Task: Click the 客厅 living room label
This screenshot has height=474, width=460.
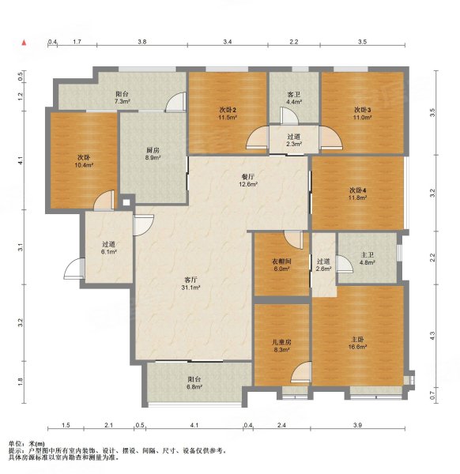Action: tap(190, 280)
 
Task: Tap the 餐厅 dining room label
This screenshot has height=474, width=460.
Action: tap(247, 176)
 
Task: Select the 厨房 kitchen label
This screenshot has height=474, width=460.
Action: tap(153, 150)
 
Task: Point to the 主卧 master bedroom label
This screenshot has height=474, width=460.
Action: tap(358, 340)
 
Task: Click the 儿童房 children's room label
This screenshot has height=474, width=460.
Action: tap(281, 342)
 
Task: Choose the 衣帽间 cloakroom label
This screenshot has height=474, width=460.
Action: tap(281, 261)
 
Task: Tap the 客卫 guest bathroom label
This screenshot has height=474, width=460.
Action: tap(294, 95)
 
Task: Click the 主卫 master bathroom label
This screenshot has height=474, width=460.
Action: tap(368, 255)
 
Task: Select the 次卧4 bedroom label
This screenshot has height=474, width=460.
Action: tap(358, 190)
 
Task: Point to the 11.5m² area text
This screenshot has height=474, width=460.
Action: tap(228, 117)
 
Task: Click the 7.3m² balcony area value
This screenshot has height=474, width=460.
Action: tap(123, 102)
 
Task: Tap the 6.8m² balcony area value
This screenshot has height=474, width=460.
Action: tap(194, 387)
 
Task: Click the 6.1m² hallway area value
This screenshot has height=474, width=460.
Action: tap(109, 251)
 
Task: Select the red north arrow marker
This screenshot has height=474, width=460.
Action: tap(24, 43)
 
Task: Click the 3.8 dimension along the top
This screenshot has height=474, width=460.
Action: tap(142, 42)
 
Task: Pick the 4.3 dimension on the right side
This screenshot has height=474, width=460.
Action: tap(432, 336)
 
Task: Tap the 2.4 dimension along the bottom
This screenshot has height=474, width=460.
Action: tap(281, 425)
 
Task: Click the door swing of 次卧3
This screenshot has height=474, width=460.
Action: tap(331, 137)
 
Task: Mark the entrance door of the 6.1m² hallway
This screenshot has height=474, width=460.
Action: tap(74, 269)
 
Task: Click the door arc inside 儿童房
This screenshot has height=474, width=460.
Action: tap(300, 372)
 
